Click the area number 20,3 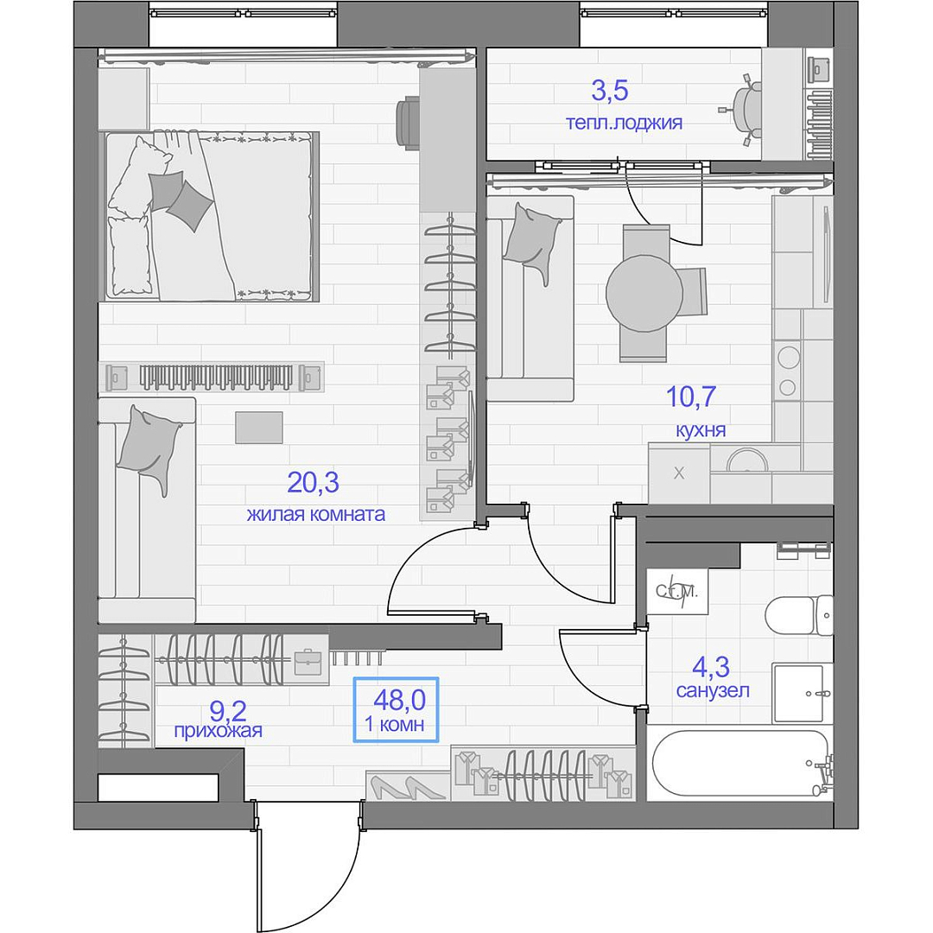click(313, 483)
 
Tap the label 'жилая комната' click(316, 514)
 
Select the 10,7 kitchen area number click(690, 397)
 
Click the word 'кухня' click(701, 430)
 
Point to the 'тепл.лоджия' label click(624, 124)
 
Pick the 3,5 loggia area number click(609, 91)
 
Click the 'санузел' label click(712, 690)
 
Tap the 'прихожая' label click(218, 730)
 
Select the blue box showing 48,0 click(397, 709)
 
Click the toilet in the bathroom click(798, 615)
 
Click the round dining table click(644, 294)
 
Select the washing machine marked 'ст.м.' click(676, 592)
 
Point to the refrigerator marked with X click(679, 473)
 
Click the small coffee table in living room click(259, 428)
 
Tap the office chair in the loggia click(743, 109)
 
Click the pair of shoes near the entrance click(408, 787)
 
